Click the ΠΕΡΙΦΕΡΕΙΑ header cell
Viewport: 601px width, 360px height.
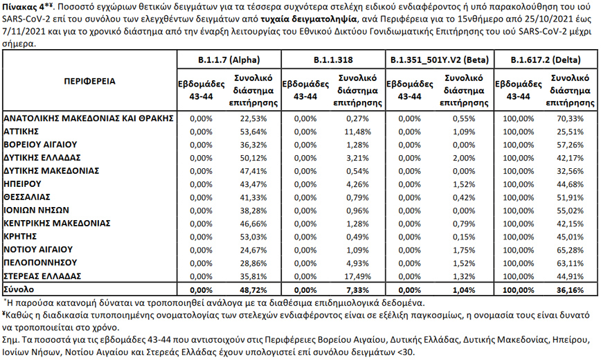89,81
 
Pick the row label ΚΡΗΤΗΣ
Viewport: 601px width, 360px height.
22,235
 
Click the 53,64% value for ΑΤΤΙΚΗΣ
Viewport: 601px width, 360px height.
253,130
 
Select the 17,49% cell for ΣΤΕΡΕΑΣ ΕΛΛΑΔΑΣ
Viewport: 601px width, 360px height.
359,275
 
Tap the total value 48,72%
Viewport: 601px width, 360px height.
253,288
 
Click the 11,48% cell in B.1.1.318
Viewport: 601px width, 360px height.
359,130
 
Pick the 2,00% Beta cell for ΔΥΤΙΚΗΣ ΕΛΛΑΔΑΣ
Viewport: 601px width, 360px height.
467,157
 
